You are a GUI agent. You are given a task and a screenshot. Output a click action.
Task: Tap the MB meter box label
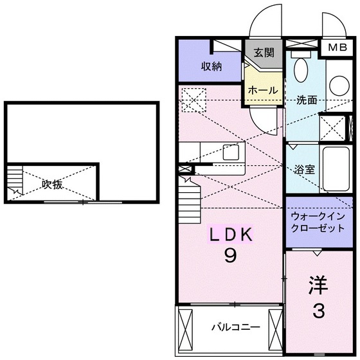[x=336, y=48]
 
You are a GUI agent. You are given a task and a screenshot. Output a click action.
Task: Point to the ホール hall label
[x=263, y=91]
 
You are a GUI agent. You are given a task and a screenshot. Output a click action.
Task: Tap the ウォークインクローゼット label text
[x=318, y=222]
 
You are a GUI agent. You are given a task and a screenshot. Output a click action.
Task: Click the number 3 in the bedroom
[x=318, y=312]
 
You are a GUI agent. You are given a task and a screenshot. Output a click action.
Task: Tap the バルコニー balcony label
[x=236, y=327]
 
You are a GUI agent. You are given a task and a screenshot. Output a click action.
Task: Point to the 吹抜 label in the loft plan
[x=52, y=184]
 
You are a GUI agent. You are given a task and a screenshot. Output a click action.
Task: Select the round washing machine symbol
[x=339, y=84]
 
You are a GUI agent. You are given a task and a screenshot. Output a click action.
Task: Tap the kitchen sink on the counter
[x=231, y=152]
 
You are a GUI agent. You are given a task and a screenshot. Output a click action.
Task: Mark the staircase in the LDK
[x=191, y=199]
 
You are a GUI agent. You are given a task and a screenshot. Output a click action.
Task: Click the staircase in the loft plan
[x=14, y=181]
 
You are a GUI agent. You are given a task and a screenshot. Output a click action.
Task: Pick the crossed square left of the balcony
[x=185, y=327]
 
